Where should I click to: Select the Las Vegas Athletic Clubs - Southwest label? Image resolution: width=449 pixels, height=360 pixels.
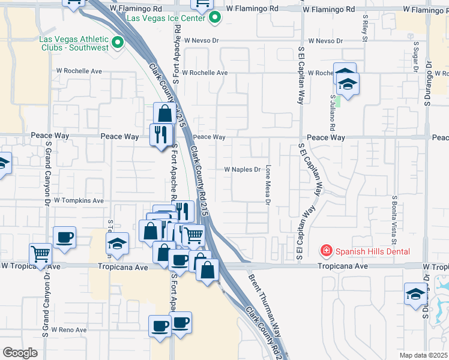(x=73, y=43)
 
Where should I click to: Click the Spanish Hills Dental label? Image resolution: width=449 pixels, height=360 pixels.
(x=372, y=251)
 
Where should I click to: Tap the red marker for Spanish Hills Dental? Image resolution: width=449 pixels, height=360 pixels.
(x=326, y=250)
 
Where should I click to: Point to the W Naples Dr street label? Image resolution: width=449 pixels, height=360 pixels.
(x=242, y=170)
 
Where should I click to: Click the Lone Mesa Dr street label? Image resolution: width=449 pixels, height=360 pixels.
(x=268, y=184)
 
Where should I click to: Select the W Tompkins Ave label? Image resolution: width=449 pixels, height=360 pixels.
(x=79, y=200)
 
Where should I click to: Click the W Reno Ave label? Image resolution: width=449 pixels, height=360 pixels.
(x=69, y=330)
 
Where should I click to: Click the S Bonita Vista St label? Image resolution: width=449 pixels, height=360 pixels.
(x=395, y=216)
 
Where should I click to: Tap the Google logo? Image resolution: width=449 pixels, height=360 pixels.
(x=19, y=352)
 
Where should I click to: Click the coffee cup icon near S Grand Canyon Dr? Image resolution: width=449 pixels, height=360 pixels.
(x=64, y=236)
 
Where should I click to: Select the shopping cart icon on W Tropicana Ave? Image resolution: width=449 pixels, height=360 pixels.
(x=40, y=254)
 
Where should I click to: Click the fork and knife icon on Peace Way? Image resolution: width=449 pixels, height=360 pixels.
(x=160, y=134)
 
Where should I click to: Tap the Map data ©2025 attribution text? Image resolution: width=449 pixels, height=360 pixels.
(x=423, y=355)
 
